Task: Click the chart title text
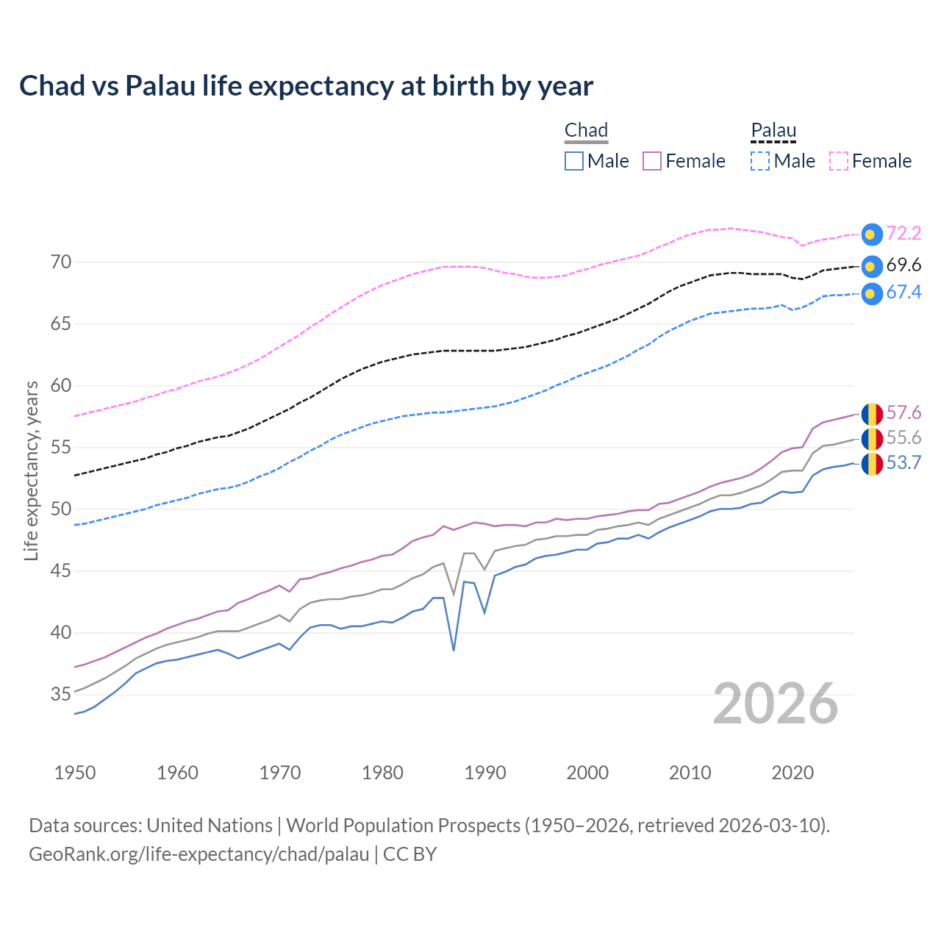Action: tap(306, 86)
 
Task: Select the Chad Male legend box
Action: tap(574, 161)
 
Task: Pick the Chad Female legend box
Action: tap(652, 161)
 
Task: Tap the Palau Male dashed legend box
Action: tap(760, 161)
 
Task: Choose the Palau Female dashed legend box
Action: tap(839, 161)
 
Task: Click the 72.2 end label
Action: tap(904, 234)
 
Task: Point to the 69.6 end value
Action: tap(904, 265)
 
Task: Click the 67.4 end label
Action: tap(904, 293)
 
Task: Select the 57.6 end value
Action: tap(904, 413)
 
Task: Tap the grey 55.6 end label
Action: tap(904, 438)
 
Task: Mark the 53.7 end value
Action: tap(904, 463)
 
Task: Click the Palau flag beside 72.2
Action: tap(872, 235)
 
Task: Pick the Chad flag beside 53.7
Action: tap(872, 464)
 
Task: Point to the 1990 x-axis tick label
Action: tap(485, 773)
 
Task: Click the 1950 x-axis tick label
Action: tap(75, 773)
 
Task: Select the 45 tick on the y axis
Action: tap(61, 571)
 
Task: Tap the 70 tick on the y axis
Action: tap(61, 262)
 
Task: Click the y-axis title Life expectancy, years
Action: tap(32, 470)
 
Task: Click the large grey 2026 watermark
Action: tap(775, 704)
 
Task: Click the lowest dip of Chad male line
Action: tap(454, 650)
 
